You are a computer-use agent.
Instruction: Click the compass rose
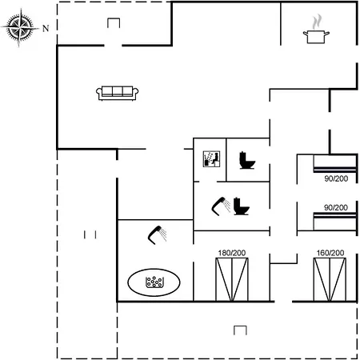(x=19, y=27)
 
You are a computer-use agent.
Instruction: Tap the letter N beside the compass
(x=46, y=28)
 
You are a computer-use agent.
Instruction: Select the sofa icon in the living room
(x=117, y=93)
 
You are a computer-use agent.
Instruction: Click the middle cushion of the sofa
(x=118, y=91)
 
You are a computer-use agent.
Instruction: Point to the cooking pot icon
(x=316, y=37)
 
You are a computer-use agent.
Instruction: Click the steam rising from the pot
(x=317, y=22)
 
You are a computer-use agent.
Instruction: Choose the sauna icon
(x=211, y=159)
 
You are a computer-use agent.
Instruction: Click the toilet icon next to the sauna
(x=247, y=161)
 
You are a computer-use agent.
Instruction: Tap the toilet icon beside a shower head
(x=242, y=206)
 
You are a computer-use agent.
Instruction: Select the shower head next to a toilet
(x=221, y=206)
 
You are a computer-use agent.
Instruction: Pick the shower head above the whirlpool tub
(x=158, y=234)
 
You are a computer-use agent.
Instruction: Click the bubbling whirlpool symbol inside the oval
(x=154, y=282)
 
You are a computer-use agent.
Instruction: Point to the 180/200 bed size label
(x=232, y=253)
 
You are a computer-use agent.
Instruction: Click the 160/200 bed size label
(x=330, y=253)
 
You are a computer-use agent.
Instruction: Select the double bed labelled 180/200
(x=232, y=279)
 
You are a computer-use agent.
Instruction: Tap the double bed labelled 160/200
(x=330, y=279)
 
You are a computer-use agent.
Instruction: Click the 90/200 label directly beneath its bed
(x=336, y=178)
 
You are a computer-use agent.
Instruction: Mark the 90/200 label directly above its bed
(x=336, y=207)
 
